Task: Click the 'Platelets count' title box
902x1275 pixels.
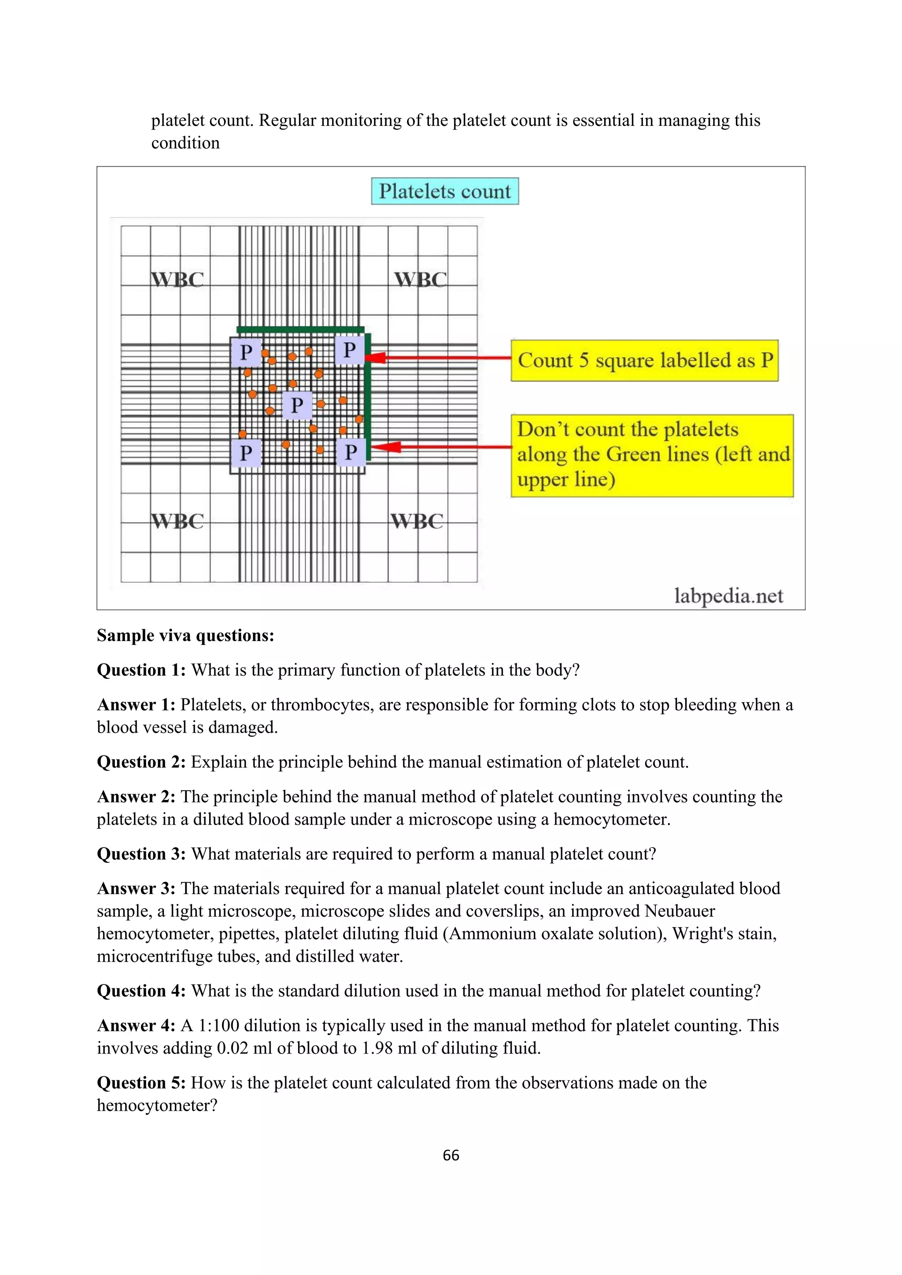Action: [x=444, y=191]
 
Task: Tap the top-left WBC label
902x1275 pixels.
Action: [x=177, y=279]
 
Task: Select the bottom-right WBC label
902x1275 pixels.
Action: [x=417, y=521]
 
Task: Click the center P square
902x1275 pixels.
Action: [x=297, y=405]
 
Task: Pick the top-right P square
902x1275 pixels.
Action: [x=349, y=350]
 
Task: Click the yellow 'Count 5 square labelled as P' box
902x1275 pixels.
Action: [x=644, y=361]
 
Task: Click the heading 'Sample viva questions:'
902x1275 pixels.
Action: [x=185, y=635]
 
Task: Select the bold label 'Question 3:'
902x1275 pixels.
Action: [x=141, y=854]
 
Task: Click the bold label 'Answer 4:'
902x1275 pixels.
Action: [x=136, y=1025]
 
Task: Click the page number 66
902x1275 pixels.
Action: [x=451, y=1155]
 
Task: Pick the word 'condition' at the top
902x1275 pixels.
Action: [x=185, y=143]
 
